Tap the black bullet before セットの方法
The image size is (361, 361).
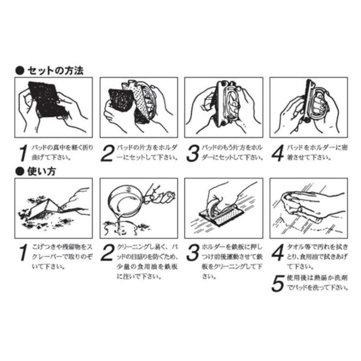(x=19, y=71)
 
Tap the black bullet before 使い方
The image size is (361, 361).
(x=19, y=172)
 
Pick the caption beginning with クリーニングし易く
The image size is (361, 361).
(x=146, y=261)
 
